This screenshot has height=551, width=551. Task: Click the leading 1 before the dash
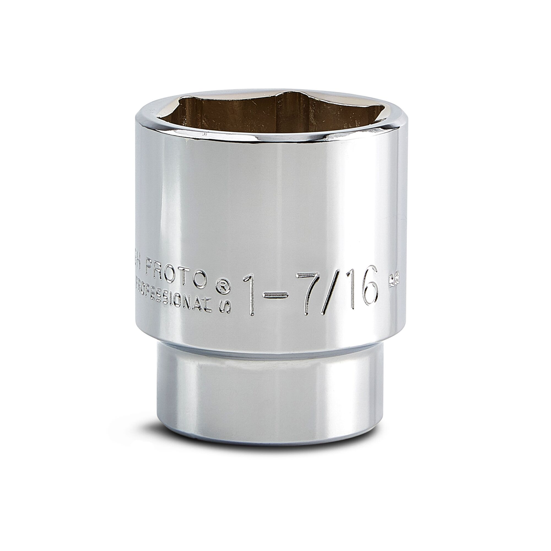(249, 295)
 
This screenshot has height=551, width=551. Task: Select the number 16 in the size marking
(362, 287)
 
